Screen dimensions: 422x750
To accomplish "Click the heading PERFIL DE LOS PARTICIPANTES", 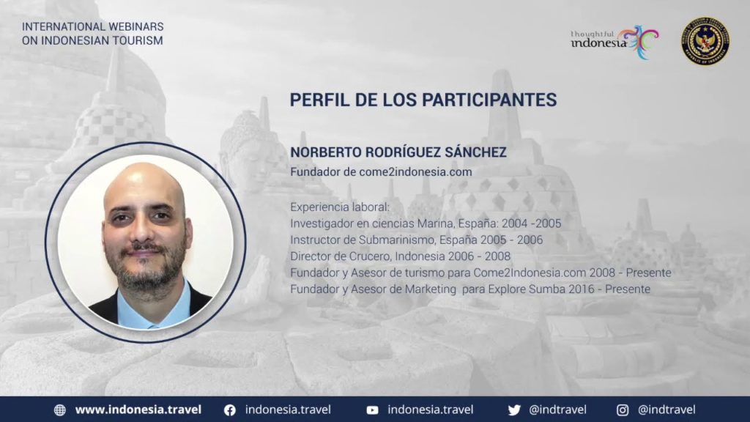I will (423, 100).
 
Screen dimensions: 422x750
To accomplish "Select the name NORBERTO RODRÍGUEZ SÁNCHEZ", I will (398, 152).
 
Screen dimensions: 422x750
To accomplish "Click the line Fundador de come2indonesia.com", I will (381, 171).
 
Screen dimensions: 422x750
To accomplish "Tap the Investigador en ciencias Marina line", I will (426, 223).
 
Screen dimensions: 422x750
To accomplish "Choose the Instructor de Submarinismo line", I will (416, 240).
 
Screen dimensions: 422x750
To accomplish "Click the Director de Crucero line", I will (400, 256).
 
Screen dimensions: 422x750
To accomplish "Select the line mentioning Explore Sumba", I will (470, 289).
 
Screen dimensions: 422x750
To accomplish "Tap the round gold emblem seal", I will (705, 41).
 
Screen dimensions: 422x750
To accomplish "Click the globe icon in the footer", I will (60, 410).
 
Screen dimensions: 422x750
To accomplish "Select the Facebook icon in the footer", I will (230, 410).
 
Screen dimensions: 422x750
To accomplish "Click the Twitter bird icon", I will (514, 410).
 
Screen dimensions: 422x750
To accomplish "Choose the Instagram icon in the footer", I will (623, 410).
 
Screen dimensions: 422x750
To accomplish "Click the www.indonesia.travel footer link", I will (138, 410).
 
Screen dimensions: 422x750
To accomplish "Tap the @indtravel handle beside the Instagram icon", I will (667, 410).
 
